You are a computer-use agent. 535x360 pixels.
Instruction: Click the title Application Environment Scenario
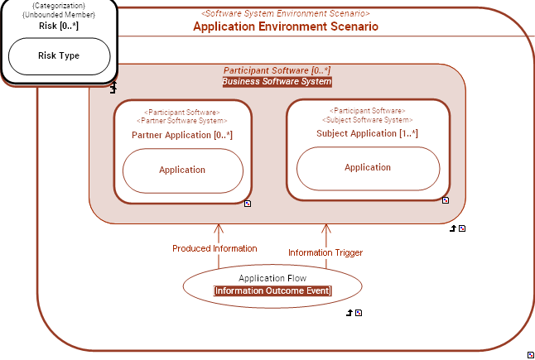pyautogui.click(x=286, y=26)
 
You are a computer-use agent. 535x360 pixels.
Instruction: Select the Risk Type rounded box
pyautogui.click(x=59, y=56)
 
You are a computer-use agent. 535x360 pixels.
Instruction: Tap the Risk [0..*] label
pyautogui.click(x=59, y=26)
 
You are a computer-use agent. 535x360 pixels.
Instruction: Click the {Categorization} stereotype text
pyautogui.click(x=59, y=7)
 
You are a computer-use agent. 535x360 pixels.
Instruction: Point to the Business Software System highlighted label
pyautogui.click(x=277, y=82)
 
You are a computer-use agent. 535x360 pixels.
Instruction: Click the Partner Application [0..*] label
pyautogui.click(x=182, y=135)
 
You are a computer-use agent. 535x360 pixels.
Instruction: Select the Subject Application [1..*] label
pyautogui.click(x=368, y=133)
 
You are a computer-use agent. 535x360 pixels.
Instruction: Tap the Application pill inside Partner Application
pyautogui.click(x=182, y=170)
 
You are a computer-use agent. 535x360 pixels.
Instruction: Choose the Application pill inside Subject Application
pyautogui.click(x=368, y=167)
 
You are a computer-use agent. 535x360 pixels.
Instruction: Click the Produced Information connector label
pyautogui.click(x=214, y=248)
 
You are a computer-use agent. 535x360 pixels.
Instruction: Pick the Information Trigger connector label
pyautogui.click(x=325, y=252)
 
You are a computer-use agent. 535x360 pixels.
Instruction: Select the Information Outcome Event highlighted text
pyautogui.click(x=272, y=290)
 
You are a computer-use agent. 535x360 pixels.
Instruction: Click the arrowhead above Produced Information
pyautogui.click(x=219, y=228)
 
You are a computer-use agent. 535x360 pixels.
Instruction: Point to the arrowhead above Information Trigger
pyautogui.click(x=326, y=228)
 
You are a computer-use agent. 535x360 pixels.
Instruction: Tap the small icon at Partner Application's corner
pyautogui.click(x=248, y=203)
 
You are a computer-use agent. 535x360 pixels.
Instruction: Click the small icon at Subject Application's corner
pyautogui.click(x=446, y=199)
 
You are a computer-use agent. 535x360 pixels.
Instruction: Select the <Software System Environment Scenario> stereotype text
pyautogui.click(x=286, y=14)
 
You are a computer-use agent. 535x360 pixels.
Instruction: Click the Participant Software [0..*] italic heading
pyautogui.click(x=277, y=71)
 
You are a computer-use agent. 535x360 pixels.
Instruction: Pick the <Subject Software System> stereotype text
pyautogui.click(x=368, y=121)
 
